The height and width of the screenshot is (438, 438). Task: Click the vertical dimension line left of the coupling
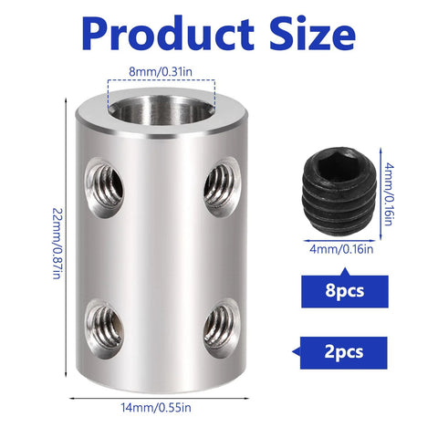point(67,237)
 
